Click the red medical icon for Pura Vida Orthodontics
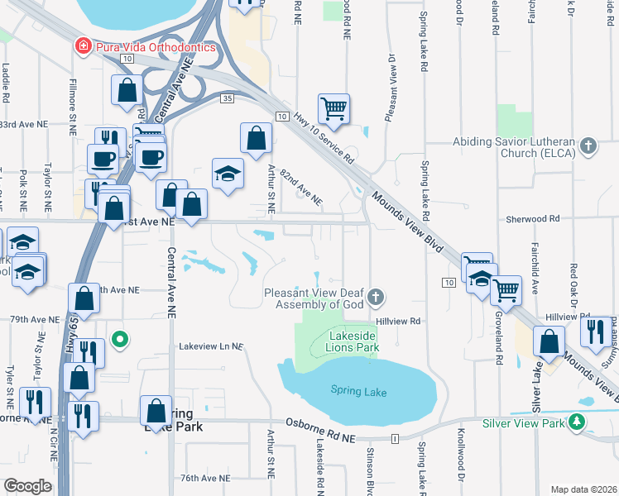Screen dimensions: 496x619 coord(83,46)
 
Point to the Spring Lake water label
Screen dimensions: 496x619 coord(358,390)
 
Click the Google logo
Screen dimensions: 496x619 coord(27,486)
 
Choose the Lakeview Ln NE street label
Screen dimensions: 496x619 coord(212,346)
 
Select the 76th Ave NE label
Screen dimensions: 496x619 coord(205,478)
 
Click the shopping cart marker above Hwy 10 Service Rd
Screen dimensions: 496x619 coord(333,107)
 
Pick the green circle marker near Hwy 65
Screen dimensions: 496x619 coord(121,338)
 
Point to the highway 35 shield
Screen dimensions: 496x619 coord(227,98)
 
